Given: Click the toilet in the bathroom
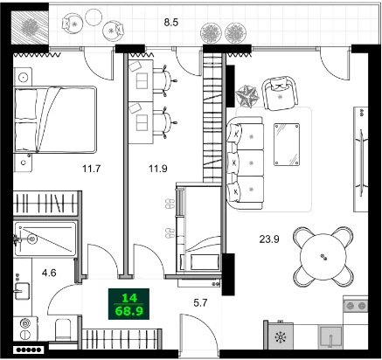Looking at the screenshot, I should coord(63,329).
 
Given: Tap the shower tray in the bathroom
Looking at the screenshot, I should coord(45,238).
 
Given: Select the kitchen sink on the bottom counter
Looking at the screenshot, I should coord(330,338).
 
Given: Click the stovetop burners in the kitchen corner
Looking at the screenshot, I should coord(357,307).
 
